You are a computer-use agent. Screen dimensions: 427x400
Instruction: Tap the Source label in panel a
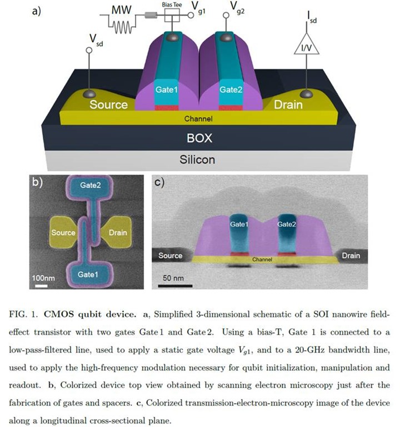[109, 104]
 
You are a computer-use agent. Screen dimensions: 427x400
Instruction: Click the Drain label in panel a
[288, 104]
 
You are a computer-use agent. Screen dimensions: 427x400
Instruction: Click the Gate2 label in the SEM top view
[91, 186]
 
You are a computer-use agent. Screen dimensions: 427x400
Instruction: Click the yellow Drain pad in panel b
[117, 232]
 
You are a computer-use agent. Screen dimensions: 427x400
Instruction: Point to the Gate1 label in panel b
[89, 274]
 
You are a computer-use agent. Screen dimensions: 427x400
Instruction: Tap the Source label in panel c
[170, 256]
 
